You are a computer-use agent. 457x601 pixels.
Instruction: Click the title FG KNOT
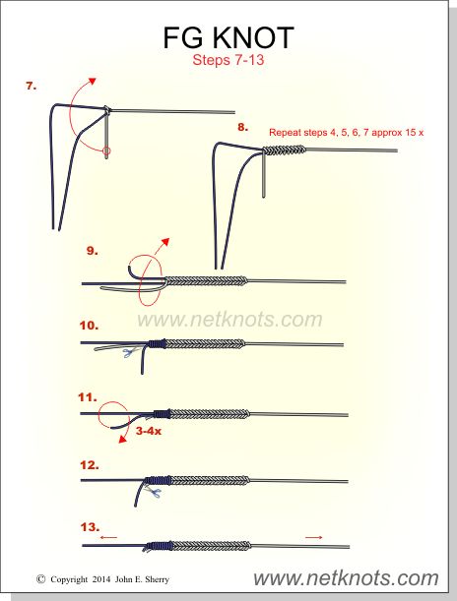(x=228, y=38)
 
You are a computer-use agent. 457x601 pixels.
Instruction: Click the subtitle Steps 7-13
(x=228, y=60)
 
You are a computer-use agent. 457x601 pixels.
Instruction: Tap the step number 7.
(x=32, y=86)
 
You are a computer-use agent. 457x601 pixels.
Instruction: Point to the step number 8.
(x=242, y=127)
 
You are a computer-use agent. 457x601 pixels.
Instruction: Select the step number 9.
(x=93, y=251)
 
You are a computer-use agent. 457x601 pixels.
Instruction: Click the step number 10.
(x=89, y=326)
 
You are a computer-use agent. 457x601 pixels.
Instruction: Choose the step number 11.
(x=88, y=397)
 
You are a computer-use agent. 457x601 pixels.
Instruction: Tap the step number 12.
(x=90, y=465)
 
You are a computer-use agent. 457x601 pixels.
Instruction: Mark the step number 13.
(x=90, y=527)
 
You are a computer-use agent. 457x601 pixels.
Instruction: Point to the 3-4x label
(x=149, y=431)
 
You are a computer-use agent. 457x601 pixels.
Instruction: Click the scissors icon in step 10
(x=130, y=352)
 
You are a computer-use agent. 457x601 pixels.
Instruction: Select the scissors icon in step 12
(x=153, y=491)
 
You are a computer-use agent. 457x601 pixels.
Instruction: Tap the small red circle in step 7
(x=107, y=150)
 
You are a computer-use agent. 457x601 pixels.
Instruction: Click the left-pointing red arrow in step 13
(x=108, y=537)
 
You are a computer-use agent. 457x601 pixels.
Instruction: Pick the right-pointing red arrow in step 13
(x=314, y=537)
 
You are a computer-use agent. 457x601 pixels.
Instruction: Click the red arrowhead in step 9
(x=165, y=243)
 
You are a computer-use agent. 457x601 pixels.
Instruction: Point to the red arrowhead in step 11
(x=123, y=439)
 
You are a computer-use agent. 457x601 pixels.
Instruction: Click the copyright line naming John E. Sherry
(x=102, y=579)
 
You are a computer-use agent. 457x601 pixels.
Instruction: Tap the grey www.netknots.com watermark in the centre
(x=229, y=320)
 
